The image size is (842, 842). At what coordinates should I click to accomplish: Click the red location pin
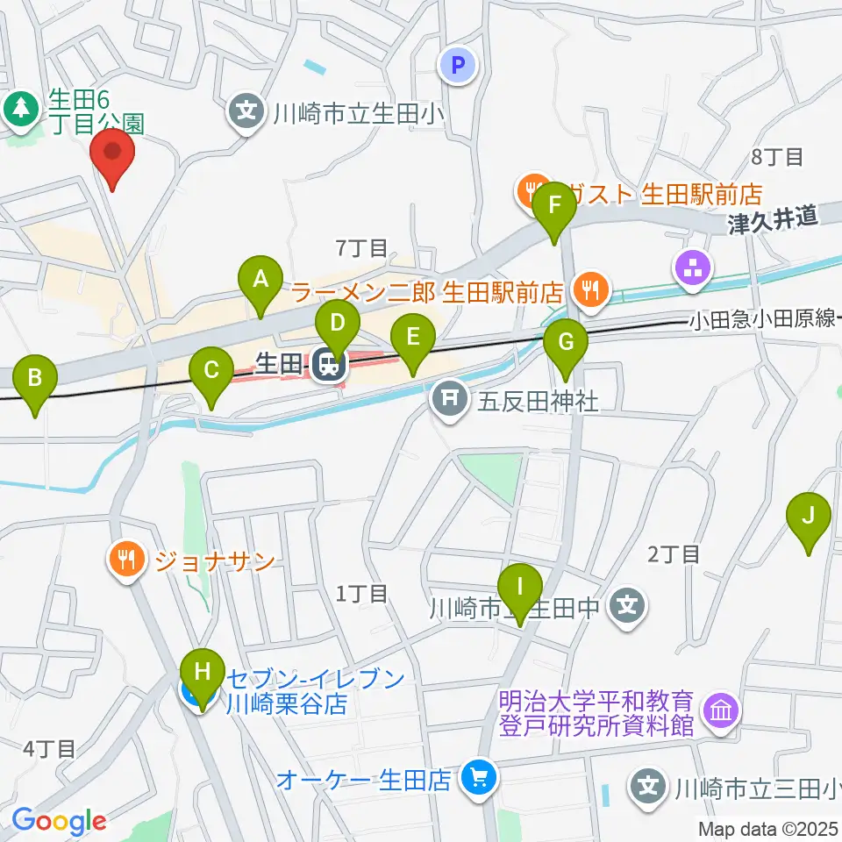pyautogui.click(x=114, y=156)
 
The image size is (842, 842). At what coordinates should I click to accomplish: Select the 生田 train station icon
pyautogui.click(x=329, y=364)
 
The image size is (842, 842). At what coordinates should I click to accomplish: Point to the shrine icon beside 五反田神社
pyautogui.click(x=449, y=401)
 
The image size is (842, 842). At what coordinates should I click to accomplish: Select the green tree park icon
pyautogui.click(x=18, y=109)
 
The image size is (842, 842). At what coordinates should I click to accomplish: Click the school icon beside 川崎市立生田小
pyautogui.click(x=247, y=111)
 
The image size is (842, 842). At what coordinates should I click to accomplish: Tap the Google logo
pyautogui.click(x=59, y=822)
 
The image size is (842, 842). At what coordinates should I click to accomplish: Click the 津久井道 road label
pyautogui.click(x=772, y=218)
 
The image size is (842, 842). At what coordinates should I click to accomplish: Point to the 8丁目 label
pyautogui.click(x=777, y=158)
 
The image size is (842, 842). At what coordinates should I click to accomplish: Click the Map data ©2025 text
pyautogui.click(x=768, y=827)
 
